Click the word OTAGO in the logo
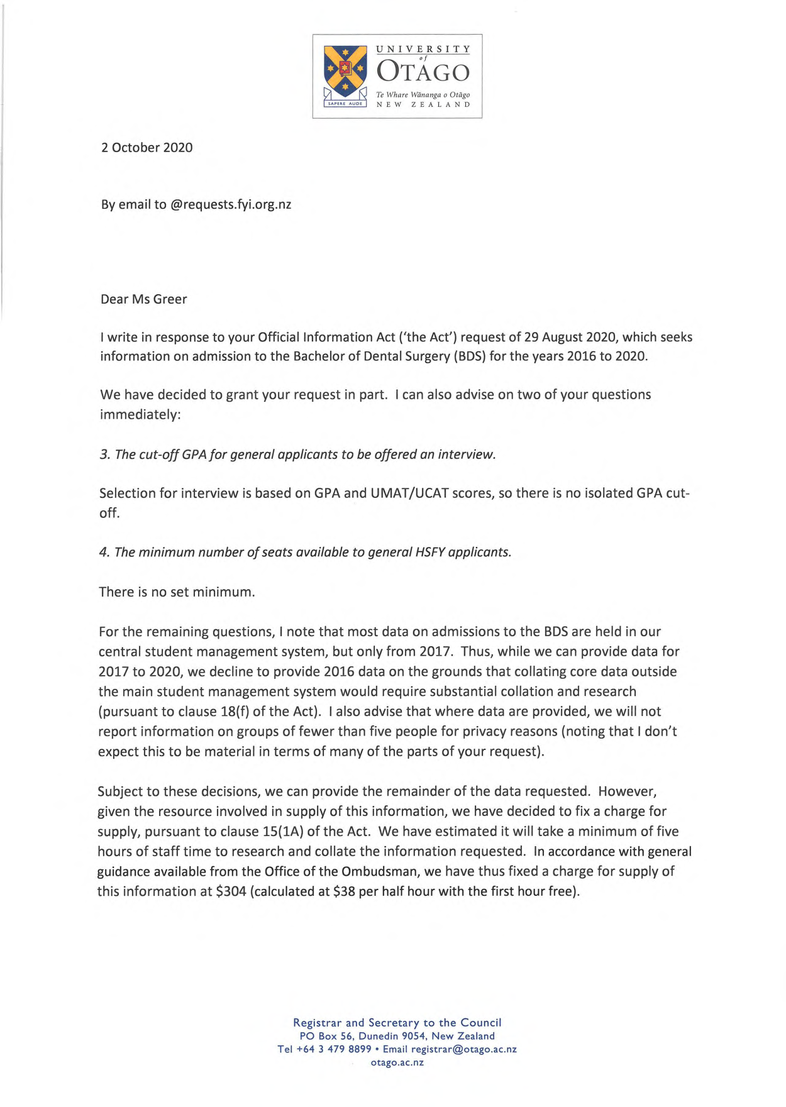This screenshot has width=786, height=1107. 423,72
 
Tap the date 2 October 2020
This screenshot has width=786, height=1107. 147,148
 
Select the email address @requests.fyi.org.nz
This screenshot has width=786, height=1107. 231,204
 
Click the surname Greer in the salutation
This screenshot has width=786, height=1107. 170,299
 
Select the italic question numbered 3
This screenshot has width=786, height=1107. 297,454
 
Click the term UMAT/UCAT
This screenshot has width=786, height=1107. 409,493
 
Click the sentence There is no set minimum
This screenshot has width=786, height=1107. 177,592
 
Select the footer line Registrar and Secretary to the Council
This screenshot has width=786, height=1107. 397,1023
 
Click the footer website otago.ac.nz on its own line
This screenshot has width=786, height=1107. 397,1062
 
